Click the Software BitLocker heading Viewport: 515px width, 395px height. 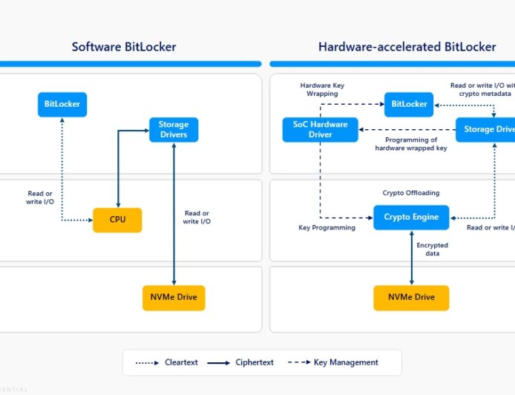pos(124,47)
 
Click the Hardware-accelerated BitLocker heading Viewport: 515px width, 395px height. pos(407,47)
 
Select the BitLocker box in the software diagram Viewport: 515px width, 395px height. pos(62,104)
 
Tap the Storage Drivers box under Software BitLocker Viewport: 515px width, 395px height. pos(174,129)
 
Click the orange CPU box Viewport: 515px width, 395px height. pos(117,220)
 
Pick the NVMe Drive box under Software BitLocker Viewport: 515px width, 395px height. pos(174,298)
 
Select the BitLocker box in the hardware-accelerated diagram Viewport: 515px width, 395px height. pos(409,104)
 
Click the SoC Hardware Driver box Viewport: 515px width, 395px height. pos(321,130)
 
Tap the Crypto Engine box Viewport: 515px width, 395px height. pos(411,218)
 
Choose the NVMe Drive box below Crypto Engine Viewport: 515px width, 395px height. pos(411,298)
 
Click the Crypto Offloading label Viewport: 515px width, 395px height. pos(410,193)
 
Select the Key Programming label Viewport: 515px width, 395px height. pos(327,228)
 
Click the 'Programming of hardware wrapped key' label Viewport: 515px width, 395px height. pos(412,144)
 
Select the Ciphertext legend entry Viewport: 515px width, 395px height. pos(237,362)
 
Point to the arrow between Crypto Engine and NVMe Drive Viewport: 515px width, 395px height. pos(412,257)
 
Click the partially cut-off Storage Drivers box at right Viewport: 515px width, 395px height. pos(486,130)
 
